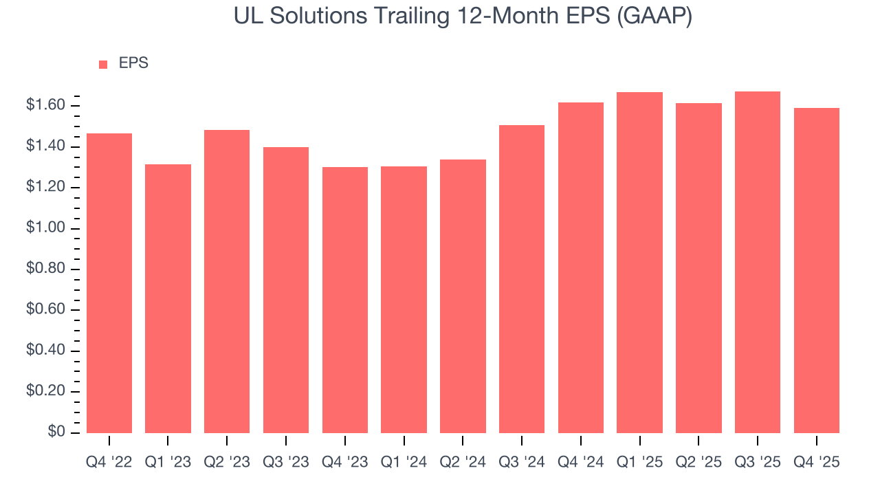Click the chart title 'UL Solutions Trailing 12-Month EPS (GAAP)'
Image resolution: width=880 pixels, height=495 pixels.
pos(463,16)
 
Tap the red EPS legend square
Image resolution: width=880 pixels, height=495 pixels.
pos(103,64)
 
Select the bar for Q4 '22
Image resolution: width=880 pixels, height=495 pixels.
pos(109,283)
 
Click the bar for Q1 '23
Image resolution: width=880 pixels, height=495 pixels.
pos(168,298)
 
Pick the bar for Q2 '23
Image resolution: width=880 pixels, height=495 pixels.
pos(227,281)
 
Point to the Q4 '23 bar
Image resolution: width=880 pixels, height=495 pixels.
pos(345,300)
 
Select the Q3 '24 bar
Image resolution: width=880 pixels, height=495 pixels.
pos(522,278)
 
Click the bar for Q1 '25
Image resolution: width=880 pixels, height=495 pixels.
pos(639,262)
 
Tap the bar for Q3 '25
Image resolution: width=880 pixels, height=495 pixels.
pos(757,262)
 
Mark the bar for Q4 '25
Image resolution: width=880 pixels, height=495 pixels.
pos(816,270)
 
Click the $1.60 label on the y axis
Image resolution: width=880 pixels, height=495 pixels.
pos(45,105)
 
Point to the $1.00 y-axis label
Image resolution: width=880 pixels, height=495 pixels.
pos(45,228)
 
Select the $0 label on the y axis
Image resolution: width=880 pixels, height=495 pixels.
pos(56,432)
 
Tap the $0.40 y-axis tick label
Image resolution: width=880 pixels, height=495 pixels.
pos(45,350)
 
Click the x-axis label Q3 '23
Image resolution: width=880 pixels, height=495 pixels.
pos(286,463)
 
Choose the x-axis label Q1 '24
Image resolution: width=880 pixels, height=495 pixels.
pos(404,463)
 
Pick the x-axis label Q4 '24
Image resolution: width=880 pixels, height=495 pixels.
pos(580,463)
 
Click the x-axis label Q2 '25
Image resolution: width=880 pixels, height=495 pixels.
pos(698,463)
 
